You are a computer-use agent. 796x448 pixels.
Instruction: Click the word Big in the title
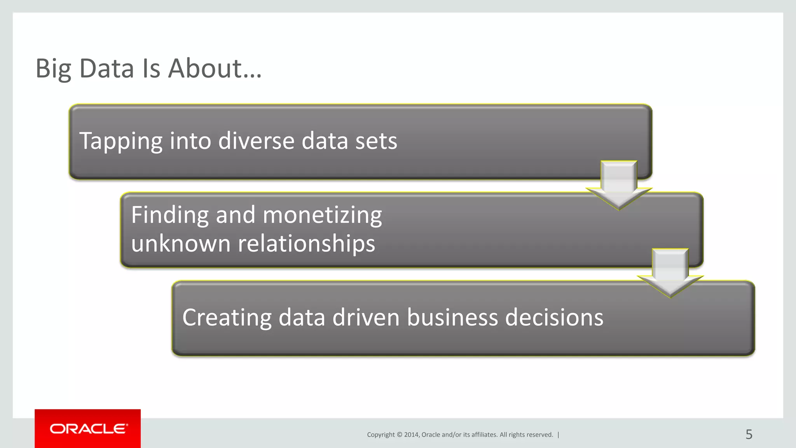tap(53, 69)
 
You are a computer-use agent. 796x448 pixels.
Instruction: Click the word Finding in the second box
tap(169, 215)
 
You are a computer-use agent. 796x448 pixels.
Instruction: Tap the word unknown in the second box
tap(181, 244)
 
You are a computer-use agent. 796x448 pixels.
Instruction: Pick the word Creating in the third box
tap(227, 318)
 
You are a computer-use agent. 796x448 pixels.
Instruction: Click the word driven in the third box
tap(366, 317)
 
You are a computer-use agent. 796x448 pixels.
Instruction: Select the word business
tap(452, 317)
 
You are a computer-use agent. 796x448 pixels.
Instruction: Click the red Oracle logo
tap(88, 429)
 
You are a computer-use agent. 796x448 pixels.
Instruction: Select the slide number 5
tap(749, 434)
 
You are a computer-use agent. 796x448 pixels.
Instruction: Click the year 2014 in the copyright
tap(411, 435)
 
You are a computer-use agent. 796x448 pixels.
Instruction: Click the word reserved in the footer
tap(541, 435)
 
